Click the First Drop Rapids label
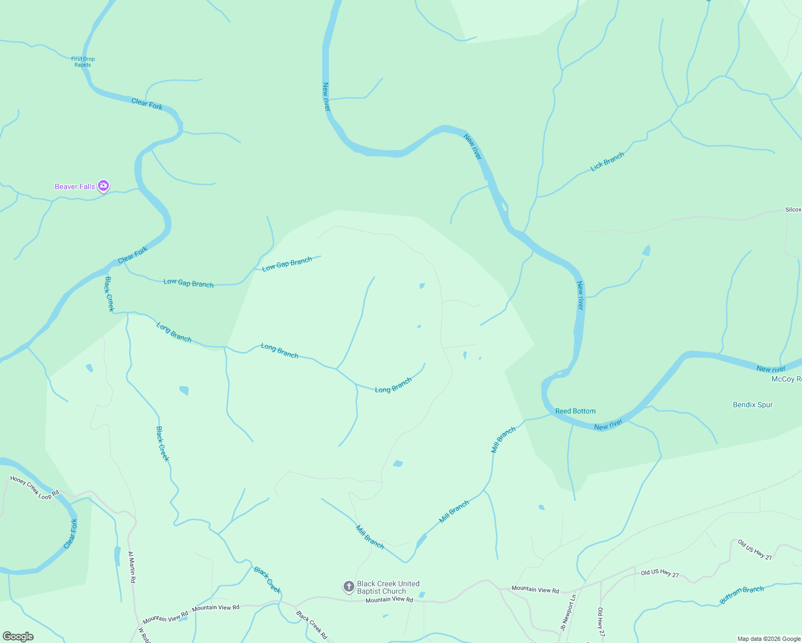click(x=83, y=62)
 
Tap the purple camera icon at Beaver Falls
click(x=103, y=186)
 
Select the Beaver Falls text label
click(x=75, y=186)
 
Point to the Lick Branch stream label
click(x=607, y=161)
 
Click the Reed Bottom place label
click(x=575, y=411)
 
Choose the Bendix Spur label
click(x=753, y=405)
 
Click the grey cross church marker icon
click(x=348, y=587)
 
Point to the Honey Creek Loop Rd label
click(x=34, y=488)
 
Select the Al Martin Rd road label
click(x=132, y=567)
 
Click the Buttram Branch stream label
click(x=741, y=595)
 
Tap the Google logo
click(x=18, y=637)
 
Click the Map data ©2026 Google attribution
click(x=769, y=639)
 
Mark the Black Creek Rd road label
click(x=311, y=625)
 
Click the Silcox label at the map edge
click(x=793, y=210)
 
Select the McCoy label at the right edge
click(x=786, y=379)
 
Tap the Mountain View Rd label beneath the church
click(x=389, y=600)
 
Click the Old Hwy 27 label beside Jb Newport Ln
click(x=601, y=622)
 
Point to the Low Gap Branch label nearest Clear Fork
click(x=188, y=282)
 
